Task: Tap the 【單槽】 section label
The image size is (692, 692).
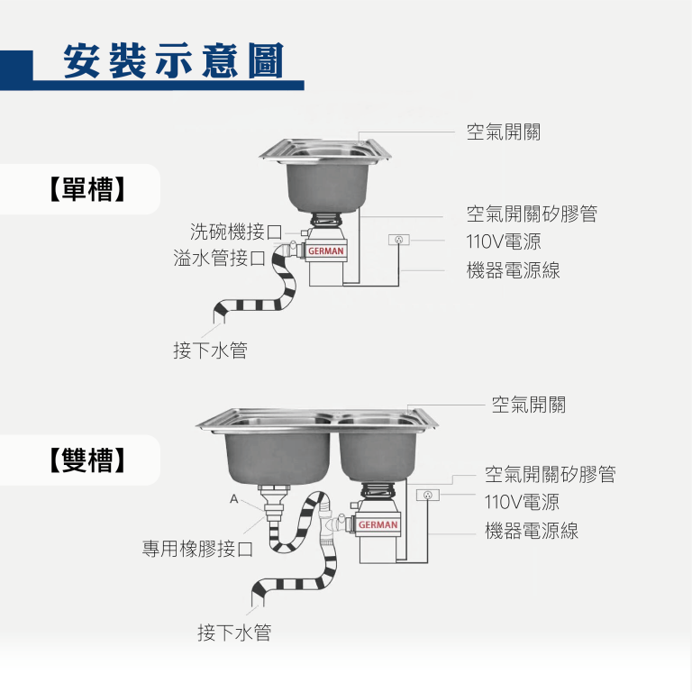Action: tap(86, 189)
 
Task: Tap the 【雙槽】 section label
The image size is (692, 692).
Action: tap(86, 460)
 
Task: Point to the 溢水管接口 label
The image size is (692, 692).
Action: tap(219, 259)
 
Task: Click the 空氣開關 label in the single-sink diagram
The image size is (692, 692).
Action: tap(503, 132)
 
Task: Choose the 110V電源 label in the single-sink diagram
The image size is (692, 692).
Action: tap(503, 241)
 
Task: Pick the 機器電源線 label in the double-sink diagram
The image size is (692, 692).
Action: tap(532, 531)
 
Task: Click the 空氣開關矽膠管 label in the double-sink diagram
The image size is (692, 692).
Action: tap(550, 474)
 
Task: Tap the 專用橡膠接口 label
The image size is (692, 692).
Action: tap(197, 548)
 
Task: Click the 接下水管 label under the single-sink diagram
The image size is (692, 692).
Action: tap(210, 351)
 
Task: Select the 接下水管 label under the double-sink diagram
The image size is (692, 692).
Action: tap(234, 633)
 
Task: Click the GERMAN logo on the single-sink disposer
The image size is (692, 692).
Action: tap(326, 251)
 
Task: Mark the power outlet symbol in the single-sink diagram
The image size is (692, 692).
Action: tap(399, 240)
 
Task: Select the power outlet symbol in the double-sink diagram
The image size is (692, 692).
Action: tap(427, 495)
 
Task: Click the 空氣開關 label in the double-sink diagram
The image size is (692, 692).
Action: tap(528, 405)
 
